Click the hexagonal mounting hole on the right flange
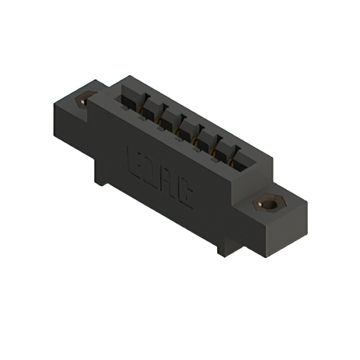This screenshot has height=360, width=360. (268, 203)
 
